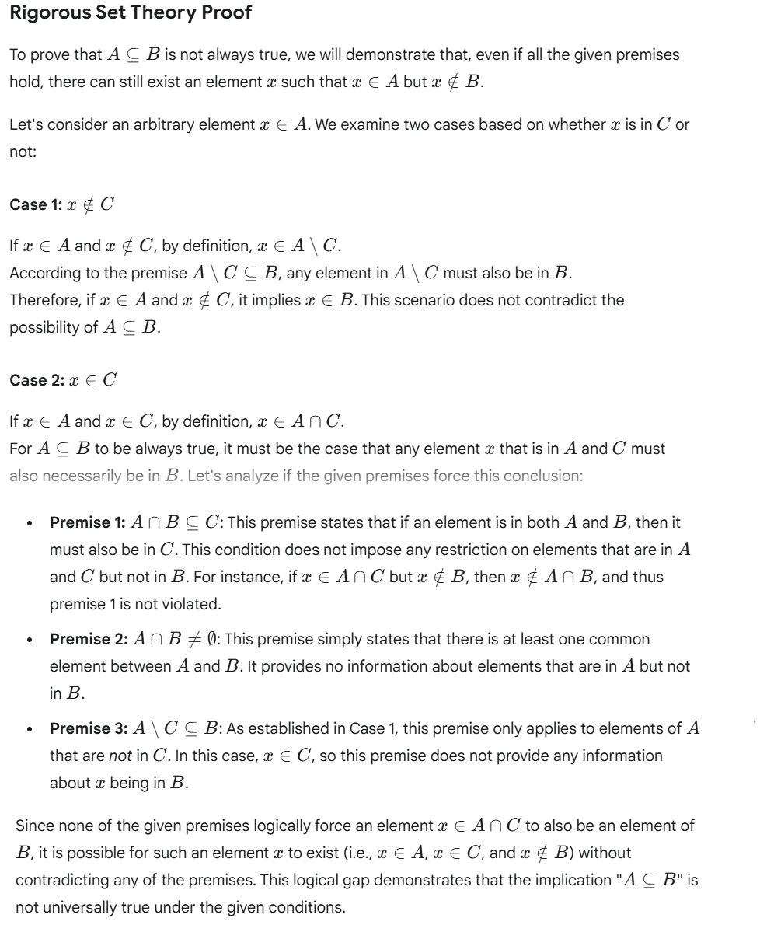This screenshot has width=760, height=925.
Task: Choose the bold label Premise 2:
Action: [x=85, y=639]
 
